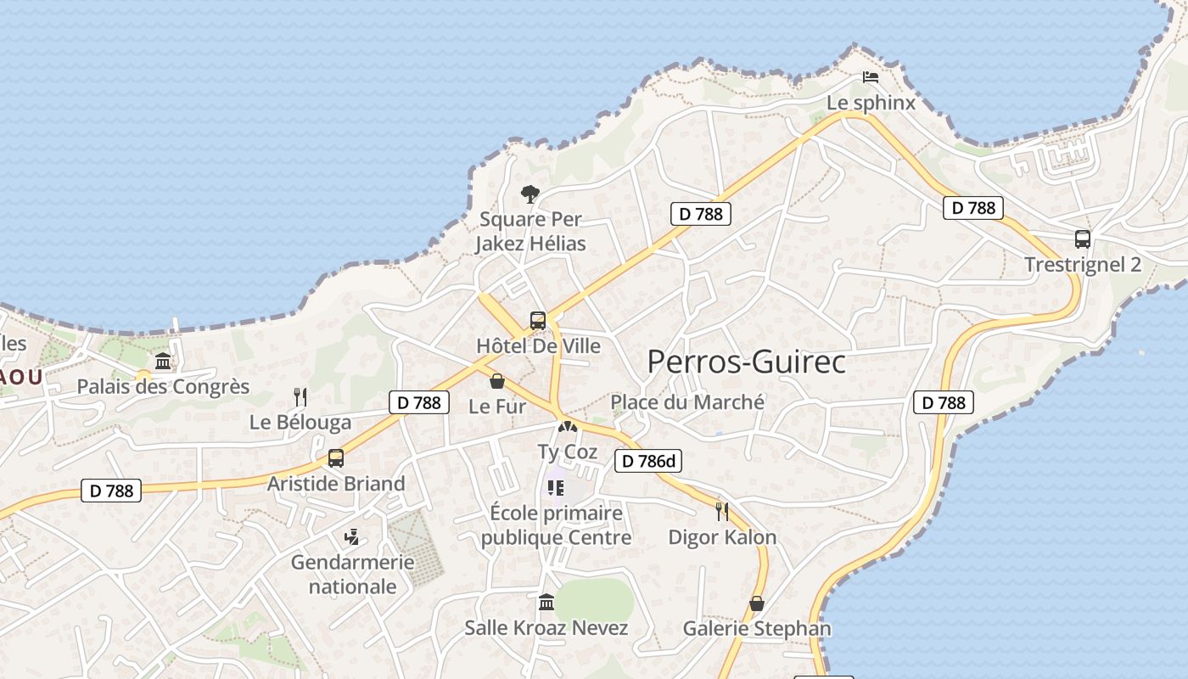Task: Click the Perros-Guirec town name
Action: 746,362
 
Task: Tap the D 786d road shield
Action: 648,461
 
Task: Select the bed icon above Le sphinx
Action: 871,77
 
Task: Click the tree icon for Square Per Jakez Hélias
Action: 530,194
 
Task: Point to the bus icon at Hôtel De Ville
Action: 538,321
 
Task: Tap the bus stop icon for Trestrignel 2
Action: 1083,239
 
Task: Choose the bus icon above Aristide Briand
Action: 336,458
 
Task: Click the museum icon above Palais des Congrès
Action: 163,362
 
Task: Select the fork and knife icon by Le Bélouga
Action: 300,396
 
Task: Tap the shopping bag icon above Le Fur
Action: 497,381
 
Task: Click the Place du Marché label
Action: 687,401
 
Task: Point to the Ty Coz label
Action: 568,452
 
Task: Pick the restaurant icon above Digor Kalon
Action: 722,511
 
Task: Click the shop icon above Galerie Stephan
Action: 757,603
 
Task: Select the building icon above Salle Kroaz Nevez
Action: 547,603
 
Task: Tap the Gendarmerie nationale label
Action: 353,574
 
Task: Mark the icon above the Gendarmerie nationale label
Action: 352,536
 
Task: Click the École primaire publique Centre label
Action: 557,525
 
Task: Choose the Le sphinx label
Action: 871,103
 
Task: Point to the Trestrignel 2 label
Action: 1083,264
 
